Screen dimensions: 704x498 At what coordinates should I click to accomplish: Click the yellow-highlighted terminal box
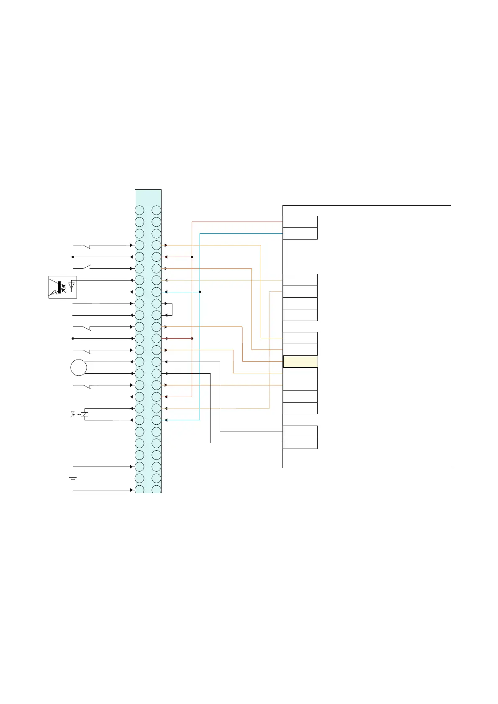[300, 362]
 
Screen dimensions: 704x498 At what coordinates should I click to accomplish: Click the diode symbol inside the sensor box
[72, 286]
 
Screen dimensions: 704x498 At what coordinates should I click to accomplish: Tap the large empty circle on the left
[79, 368]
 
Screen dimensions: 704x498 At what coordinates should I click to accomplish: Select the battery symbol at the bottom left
[73, 478]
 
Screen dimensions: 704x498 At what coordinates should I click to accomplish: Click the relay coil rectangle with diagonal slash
[85, 414]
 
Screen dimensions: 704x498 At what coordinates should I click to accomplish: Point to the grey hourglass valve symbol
[73, 414]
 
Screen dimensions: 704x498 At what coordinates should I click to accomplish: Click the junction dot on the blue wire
[200, 292]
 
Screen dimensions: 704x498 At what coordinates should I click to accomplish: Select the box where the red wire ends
[300, 222]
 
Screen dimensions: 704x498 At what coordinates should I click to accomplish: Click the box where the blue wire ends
[300, 234]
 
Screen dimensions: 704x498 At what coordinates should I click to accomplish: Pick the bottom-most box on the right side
[300, 443]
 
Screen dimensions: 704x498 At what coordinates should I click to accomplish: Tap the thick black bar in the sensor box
[59, 288]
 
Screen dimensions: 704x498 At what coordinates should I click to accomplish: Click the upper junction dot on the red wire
[192, 257]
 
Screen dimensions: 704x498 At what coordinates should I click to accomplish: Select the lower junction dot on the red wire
[192, 339]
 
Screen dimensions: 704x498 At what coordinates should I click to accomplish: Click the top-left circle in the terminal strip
[139, 210]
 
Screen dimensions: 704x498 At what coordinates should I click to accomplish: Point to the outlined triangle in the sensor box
[53, 293]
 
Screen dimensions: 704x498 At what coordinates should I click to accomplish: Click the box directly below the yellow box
[300, 373]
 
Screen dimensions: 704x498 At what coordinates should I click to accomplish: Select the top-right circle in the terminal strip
[157, 210]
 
